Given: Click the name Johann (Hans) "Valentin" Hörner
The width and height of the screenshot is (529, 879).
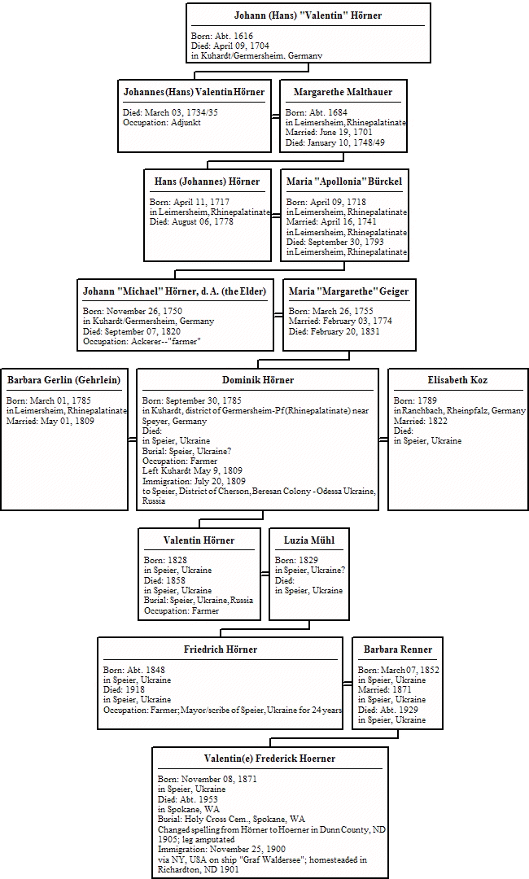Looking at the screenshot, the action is pyautogui.click(x=308, y=15).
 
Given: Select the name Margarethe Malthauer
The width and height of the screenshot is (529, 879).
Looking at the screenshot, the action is pyautogui.click(x=343, y=92).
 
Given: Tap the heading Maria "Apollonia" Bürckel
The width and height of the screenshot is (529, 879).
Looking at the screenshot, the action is pyautogui.click(x=344, y=181).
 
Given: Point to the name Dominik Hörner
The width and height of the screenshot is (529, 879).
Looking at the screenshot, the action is pyautogui.click(x=258, y=380).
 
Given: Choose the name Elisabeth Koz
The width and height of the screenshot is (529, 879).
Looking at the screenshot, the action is pyautogui.click(x=457, y=380).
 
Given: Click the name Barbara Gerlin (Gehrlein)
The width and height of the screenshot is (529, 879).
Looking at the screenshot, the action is pyautogui.click(x=63, y=380).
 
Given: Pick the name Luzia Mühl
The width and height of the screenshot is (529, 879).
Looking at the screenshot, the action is pyautogui.click(x=309, y=540).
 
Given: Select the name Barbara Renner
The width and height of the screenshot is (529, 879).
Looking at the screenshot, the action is pyautogui.click(x=398, y=649).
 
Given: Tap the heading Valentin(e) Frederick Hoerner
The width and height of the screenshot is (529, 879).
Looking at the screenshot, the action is pyautogui.click(x=269, y=759).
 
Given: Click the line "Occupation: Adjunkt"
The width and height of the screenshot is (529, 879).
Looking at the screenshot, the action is pyautogui.click(x=162, y=123).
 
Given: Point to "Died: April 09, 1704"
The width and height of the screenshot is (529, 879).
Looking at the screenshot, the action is pyautogui.click(x=230, y=46).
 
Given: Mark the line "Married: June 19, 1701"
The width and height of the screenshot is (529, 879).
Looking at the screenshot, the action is pyautogui.click(x=328, y=133).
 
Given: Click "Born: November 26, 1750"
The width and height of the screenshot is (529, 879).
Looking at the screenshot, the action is pyautogui.click(x=132, y=311).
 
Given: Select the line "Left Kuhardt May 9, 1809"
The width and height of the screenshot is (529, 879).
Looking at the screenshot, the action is pyautogui.click(x=192, y=471).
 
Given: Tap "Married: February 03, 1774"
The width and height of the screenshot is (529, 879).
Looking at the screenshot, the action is pyautogui.click(x=340, y=321).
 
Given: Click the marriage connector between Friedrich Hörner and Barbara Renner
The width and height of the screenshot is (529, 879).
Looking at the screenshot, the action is pyautogui.click(x=348, y=683).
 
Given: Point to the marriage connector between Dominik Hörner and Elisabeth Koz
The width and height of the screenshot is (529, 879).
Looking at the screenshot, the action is pyautogui.click(x=383, y=440).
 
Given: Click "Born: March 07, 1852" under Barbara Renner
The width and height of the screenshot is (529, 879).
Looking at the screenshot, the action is pyautogui.click(x=399, y=670).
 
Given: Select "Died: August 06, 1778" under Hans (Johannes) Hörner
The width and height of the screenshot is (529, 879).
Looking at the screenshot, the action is pyautogui.click(x=191, y=222).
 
